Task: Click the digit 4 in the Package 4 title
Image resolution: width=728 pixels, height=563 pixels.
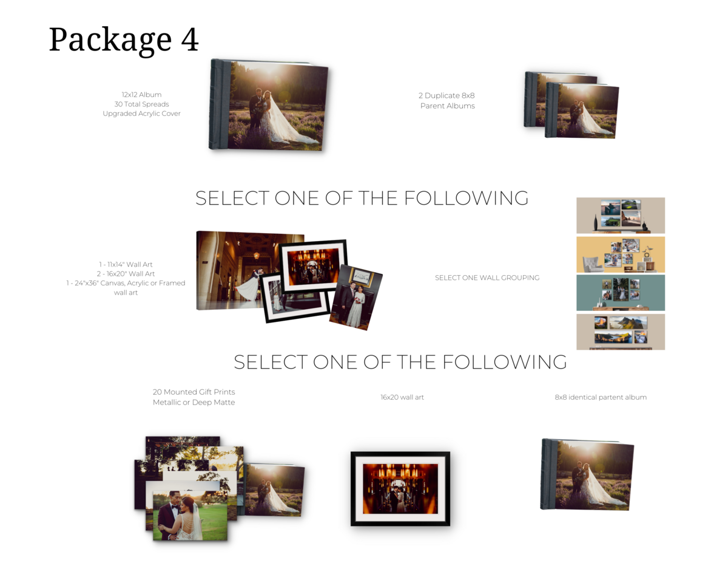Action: click(x=190, y=39)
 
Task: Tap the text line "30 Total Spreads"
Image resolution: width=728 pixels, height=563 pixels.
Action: click(x=141, y=104)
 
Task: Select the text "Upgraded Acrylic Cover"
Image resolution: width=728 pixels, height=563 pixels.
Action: click(x=141, y=114)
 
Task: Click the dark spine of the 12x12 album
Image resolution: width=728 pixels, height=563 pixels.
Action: click(x=220, y=104)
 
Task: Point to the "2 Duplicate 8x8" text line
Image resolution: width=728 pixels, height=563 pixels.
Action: click(x=447, y=95)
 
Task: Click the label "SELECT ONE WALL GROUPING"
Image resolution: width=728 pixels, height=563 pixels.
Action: click(x=487, y=278)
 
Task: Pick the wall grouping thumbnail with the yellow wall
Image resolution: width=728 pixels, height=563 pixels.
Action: click(x=621, y=254)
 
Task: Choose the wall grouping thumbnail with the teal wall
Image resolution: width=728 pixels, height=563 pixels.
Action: click(x=621, y=293)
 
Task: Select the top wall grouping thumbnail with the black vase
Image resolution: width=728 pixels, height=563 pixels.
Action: click(x=621, y=215)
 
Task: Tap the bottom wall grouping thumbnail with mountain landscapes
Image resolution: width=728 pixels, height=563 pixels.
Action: click(x=621, y=332)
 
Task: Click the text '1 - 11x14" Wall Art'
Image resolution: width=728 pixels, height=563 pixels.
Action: click(x=126, y=264)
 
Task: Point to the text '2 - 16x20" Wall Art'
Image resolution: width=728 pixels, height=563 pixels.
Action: click(x=126, y=274)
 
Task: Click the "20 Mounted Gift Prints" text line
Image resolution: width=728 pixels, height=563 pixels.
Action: click(x=194, y=392)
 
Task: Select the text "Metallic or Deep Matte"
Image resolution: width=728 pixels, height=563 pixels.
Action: click(x=194, y=402)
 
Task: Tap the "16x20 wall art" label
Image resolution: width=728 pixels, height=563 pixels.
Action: click(x=402, y=397)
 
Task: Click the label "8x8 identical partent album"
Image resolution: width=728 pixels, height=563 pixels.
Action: click(x=601, y=397)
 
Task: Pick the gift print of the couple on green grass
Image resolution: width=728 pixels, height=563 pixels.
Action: click(x=190, y=515)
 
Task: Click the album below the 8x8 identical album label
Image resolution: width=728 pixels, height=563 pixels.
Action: click(x=587, y=474)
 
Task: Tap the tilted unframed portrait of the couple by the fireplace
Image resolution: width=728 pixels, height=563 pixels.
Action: click(x=356, y=298)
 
